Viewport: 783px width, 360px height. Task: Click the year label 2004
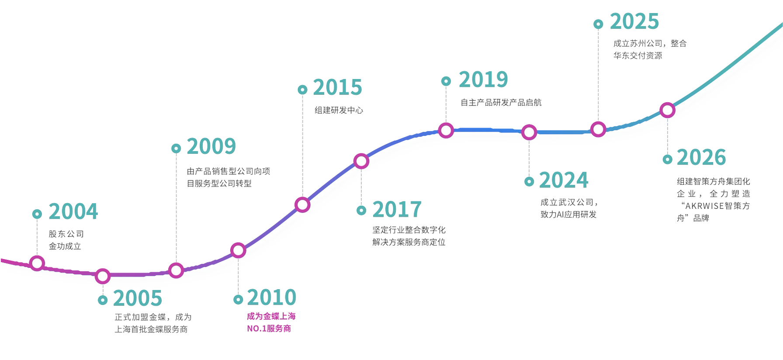(73, 211)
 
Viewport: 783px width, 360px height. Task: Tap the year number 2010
(272, 298)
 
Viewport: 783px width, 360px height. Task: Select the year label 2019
(483, 80)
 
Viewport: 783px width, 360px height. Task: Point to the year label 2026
(701, 157)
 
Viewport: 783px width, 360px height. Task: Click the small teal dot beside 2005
(103, 300)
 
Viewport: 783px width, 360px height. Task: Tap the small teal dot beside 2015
(302, 90)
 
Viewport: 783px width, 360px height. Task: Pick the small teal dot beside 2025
(598, 24)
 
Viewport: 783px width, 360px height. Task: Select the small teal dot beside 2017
(361, 211)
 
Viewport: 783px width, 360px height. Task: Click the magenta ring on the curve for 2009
(176, 270)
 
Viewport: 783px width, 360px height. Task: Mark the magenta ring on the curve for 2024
(529, 132)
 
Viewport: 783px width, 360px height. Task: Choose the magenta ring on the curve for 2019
(446, 130)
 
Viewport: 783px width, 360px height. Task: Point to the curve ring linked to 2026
(667, 110)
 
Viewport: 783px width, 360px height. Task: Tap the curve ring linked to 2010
(238, 250)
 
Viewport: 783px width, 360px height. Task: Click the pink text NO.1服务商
(269, 329)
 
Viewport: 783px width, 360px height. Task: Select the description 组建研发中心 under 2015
(339, 110)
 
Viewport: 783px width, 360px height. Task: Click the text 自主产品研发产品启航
(501, 102)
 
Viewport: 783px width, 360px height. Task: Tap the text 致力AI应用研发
(568, 215)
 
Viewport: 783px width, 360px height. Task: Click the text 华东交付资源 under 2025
(638, 55)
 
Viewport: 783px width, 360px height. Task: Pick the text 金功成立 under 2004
(65, 246)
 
